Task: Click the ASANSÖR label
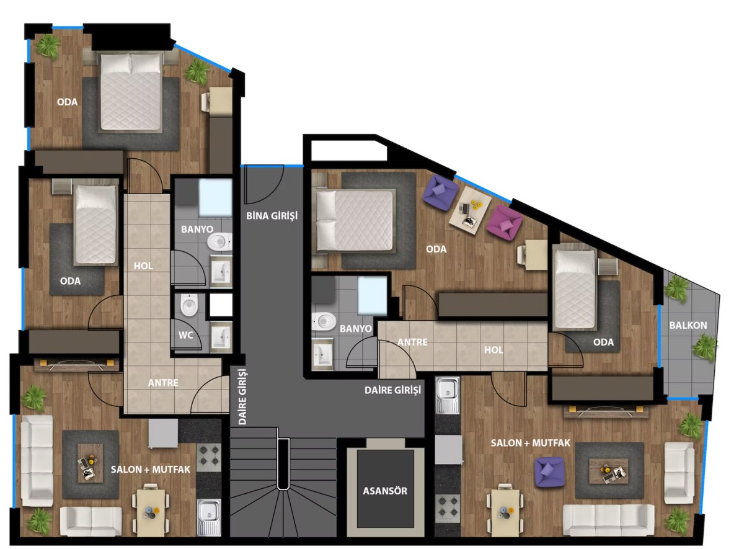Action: pos(384,491)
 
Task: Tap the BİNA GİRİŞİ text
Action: pos(272,216)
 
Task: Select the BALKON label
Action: pos(688,325)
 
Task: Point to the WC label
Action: pos(186,335)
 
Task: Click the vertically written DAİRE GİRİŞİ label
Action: pos(242,396)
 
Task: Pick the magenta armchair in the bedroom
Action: pos(504,221)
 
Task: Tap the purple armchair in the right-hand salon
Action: pos(549,471)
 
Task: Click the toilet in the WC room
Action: pos(188,306)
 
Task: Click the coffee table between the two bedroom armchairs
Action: pos(470,208)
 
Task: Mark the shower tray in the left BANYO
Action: pos(215,198)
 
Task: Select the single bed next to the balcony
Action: pos(575,289)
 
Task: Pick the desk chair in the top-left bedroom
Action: pos(205,101)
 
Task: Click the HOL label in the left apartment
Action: pos(143,266)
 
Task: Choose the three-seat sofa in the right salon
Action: pos(608,520)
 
